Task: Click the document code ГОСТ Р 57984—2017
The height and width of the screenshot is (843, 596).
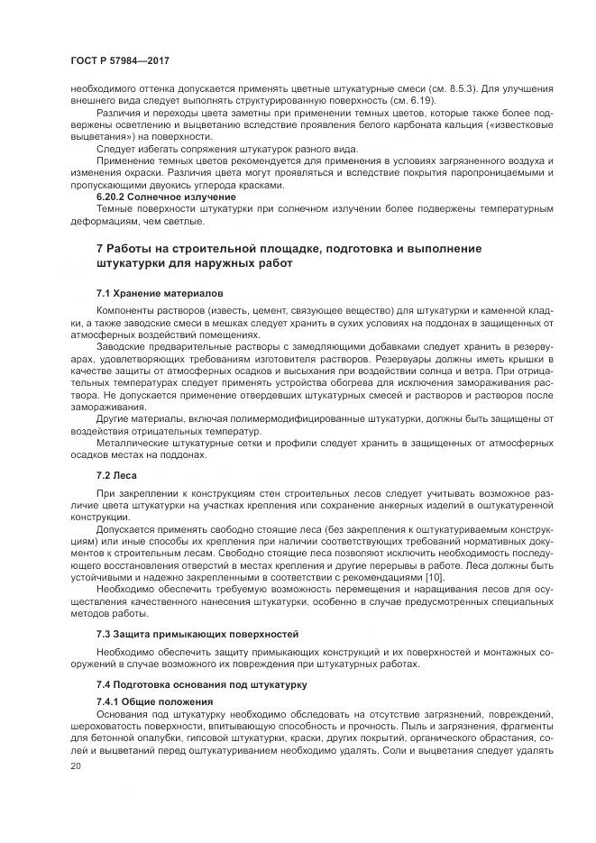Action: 119,60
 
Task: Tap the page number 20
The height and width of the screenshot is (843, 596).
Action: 75,765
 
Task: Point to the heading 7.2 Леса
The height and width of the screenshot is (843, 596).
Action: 115,473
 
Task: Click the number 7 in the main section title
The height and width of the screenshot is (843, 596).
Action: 99,248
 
